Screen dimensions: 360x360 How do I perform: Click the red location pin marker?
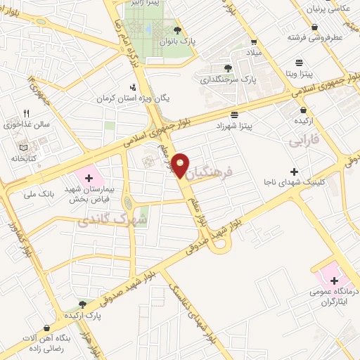(x=182, y=165)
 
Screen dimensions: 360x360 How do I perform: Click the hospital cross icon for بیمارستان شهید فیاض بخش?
(x=89, y=178)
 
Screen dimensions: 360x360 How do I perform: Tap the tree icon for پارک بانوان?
(x=178, y=30)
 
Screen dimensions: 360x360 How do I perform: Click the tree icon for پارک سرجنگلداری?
(x=227, y=68)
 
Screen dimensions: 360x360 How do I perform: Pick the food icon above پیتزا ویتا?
(x=300, y=61)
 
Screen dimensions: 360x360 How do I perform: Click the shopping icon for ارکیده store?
(x=303, y=110)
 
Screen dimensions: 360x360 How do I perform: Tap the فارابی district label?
(x=304, y=141)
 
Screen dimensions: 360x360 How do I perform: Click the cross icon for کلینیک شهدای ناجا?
(x=294, y=172)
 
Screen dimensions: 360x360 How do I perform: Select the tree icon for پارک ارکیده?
(x=82, y=304)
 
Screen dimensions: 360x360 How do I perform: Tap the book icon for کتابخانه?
(x=25, y=147)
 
